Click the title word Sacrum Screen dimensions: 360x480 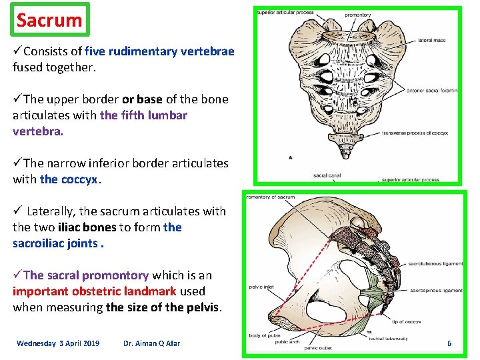click(49, 20)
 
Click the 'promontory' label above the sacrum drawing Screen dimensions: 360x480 click(358, 15)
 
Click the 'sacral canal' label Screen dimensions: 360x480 click(326, 176)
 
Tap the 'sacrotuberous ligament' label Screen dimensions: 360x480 click(435, 263)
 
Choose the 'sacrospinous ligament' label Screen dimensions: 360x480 click(435, 291)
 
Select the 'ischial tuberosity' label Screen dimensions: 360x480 click(388, 339)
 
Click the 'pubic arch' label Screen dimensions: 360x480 click(287, 343)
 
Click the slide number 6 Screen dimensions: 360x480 click(449, 343)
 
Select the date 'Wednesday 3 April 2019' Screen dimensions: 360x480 click(58, 343)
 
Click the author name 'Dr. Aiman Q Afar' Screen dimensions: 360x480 click(151, 343)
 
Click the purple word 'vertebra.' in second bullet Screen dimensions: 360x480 click(38, 131)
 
